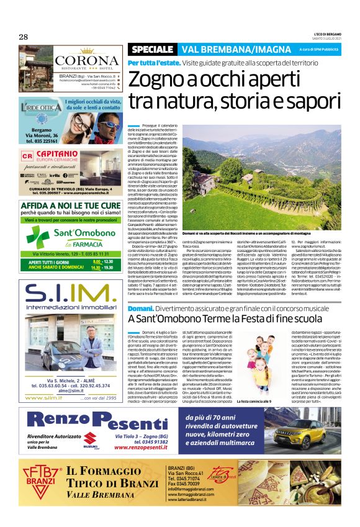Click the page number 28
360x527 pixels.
point(24,37)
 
